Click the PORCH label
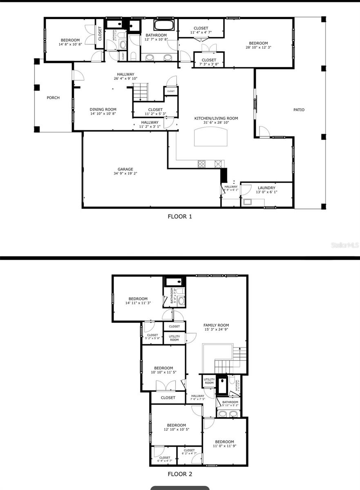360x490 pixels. click(53, 98)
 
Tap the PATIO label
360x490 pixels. click(299, 109)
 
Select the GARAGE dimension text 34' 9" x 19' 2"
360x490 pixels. click(125, 174)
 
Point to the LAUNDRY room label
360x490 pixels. click(266, 188)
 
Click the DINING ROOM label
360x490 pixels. click(103, 109)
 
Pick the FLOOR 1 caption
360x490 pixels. click(180, 216)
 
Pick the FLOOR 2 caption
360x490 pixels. click(180, 474)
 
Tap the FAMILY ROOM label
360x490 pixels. click(216, 325)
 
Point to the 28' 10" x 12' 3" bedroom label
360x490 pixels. click(259, 48)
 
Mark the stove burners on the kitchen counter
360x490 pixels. click(202, 164)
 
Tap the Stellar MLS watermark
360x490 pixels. click(344, 245)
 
